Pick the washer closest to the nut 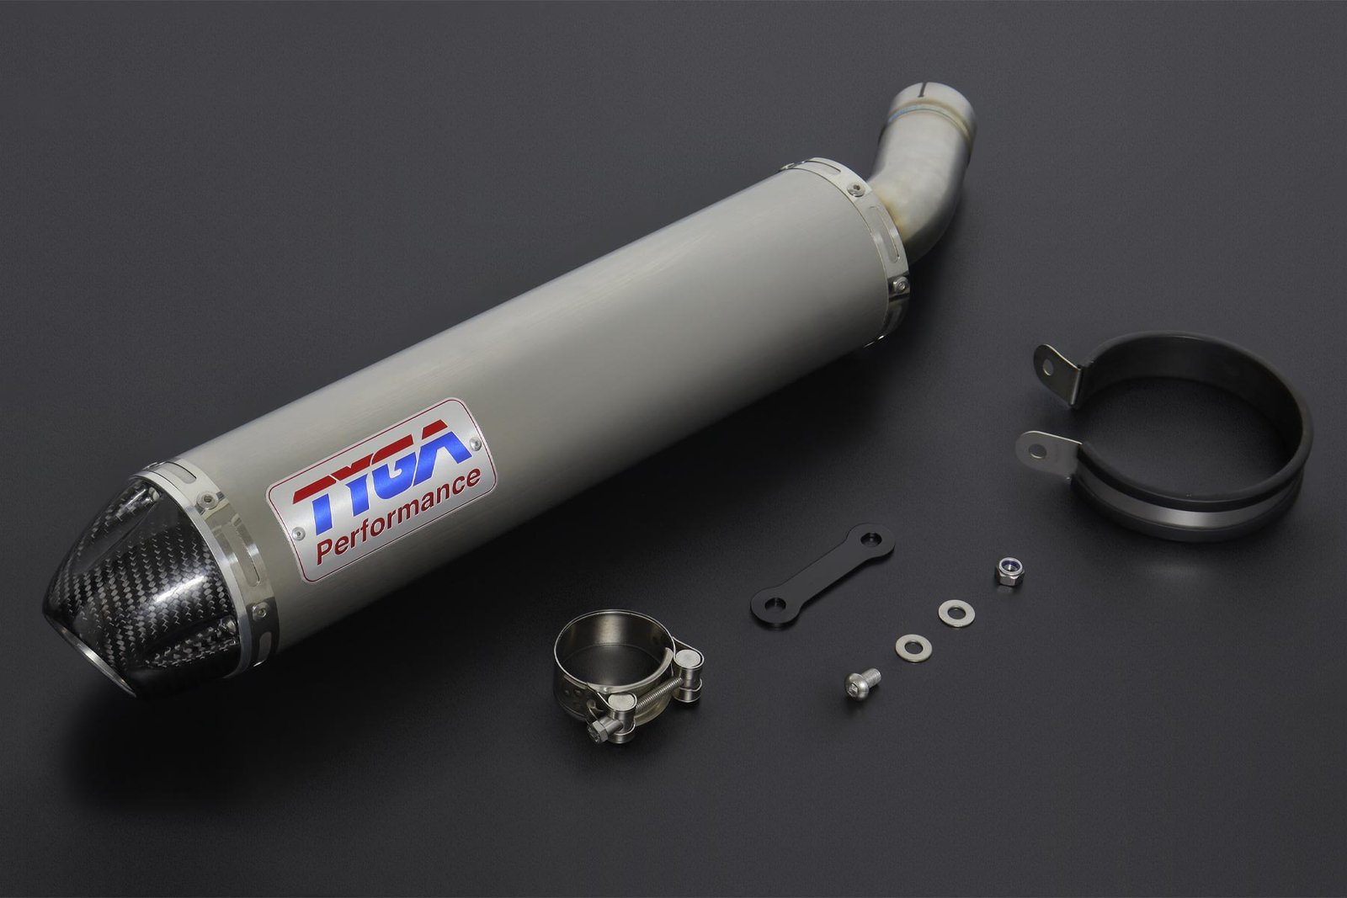click(x=956, y=612)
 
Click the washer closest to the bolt click(x=913, y=648)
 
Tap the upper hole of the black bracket click(x=867, y=539)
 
